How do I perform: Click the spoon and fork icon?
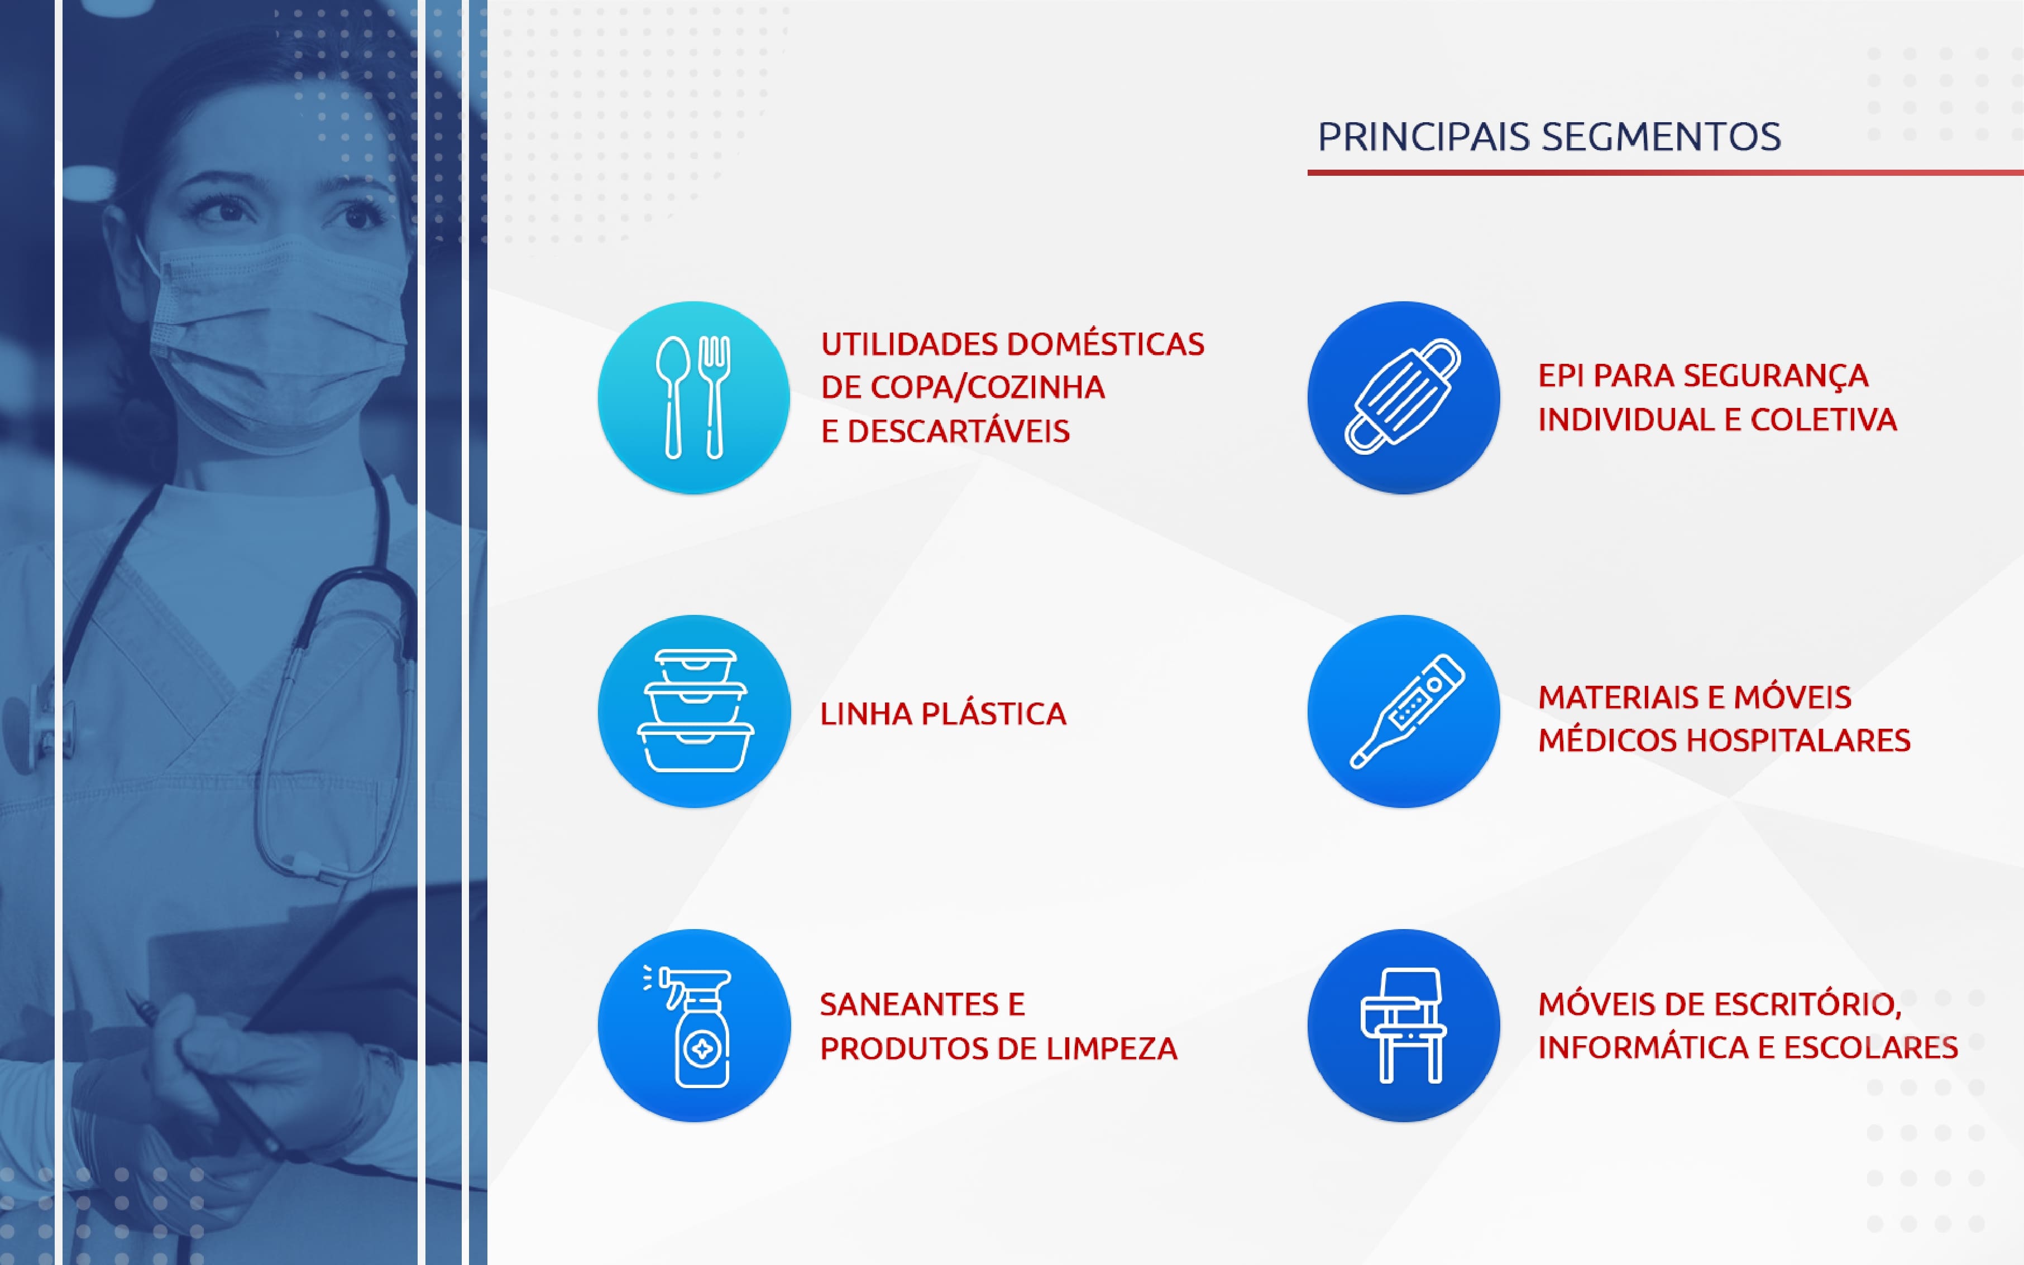pos(693,397)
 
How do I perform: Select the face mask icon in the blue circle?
pos(1403,397)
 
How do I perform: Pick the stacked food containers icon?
pos(695,710)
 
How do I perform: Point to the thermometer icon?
pos(1407,710)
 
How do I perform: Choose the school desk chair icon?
pos(1404,1025)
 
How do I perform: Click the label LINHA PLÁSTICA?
pos(944,714)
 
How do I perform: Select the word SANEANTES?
pos(911,1004)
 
